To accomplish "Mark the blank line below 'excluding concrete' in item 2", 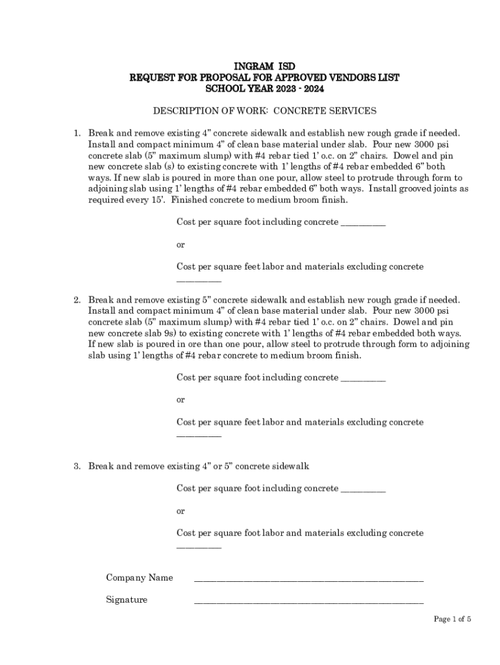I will (x=199, y=436).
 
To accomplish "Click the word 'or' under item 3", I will (x=181, y=511).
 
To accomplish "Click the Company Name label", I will (x=139, y=578).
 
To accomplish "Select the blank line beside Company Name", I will (x=308, y=580).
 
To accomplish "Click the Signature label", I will (x=127, y=600).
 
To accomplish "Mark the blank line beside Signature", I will (x=308, y=602).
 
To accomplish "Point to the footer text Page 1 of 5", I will (x=452, y=620).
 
